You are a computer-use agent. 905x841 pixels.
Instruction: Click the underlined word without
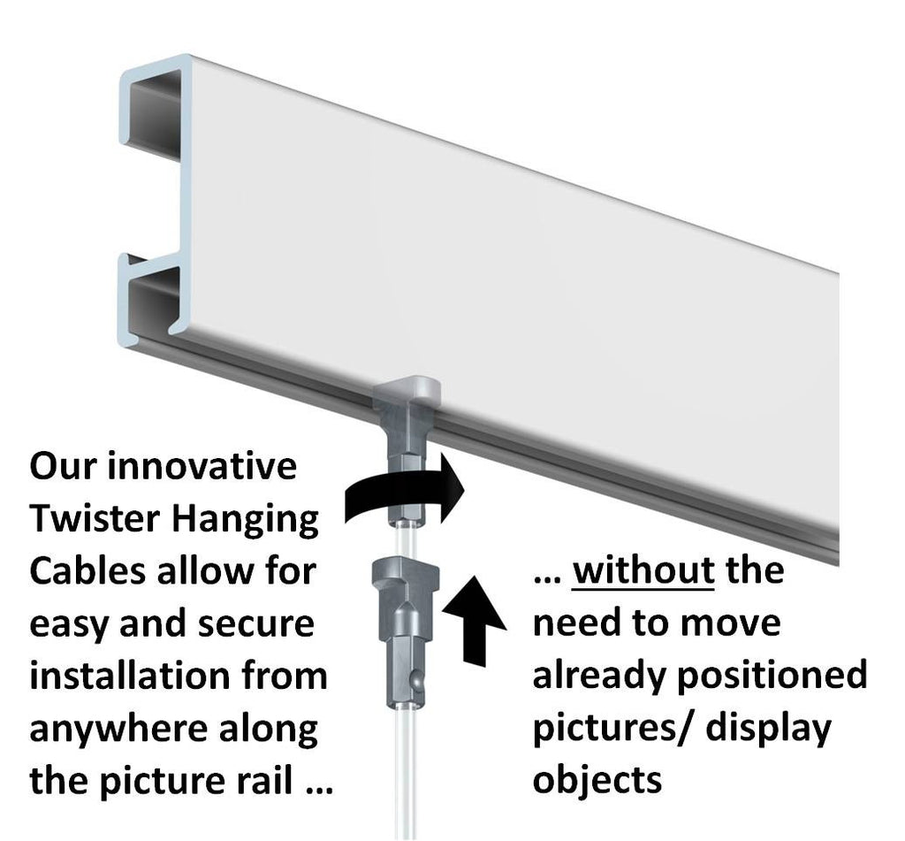click(x=643, y=571)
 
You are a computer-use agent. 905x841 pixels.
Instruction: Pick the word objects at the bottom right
click(x=597, y=781)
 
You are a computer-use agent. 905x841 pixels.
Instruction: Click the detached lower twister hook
click(x=400, y=628)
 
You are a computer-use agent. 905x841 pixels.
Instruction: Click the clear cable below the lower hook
click(x=403, y=778)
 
